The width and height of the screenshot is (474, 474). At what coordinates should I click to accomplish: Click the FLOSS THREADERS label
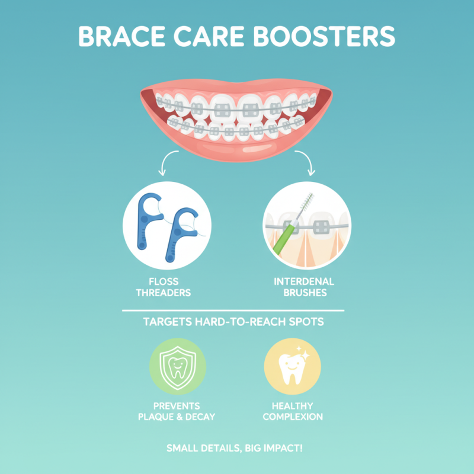(164, 287)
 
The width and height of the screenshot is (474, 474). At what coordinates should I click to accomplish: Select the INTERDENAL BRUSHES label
(305, 287)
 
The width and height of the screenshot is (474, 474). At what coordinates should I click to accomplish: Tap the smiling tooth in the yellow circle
(292, 369)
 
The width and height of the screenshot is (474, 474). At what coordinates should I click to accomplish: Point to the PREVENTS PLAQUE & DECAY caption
(177, 411)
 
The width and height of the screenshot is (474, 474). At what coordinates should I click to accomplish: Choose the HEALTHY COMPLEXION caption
(293, 411)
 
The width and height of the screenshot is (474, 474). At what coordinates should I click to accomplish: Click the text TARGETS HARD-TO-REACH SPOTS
(233, 323)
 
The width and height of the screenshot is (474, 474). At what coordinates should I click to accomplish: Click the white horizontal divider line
(233, 310)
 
